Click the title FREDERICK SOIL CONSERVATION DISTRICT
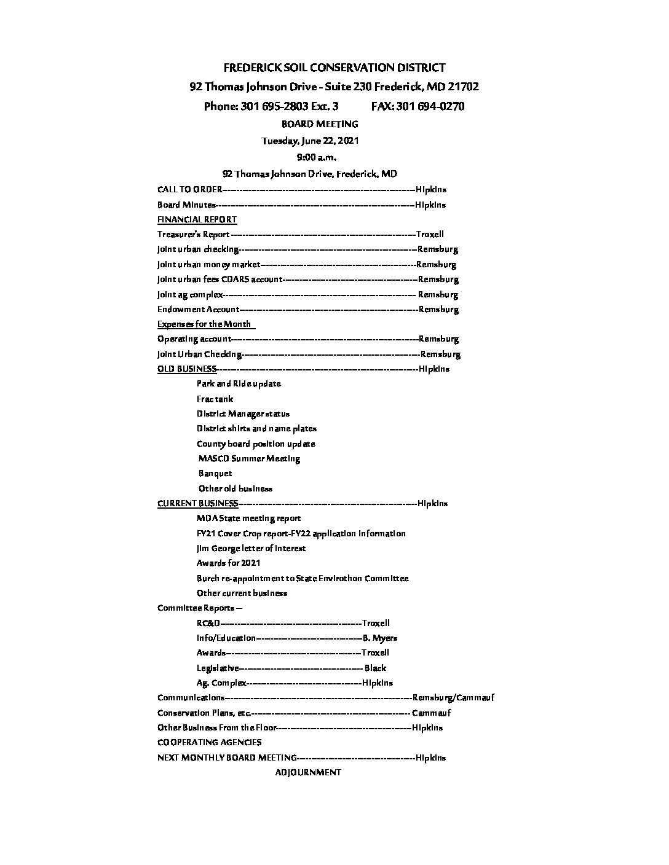point(334,68)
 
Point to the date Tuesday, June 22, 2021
point(310,141)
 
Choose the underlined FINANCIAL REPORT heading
point(197,219)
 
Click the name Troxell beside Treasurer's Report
point(430,234)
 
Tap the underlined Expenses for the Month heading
point(205,324)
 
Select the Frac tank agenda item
point(215,399)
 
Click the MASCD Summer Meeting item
point(249,458)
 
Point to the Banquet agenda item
point(215,474)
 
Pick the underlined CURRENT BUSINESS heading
point(197,503)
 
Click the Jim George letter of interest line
point(251,548)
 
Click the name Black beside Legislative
point(375,668)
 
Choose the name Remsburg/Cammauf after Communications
point(453,697)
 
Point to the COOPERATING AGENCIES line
point(209,742)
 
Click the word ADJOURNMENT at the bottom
point(308,772)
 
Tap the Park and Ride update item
point(239,383)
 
